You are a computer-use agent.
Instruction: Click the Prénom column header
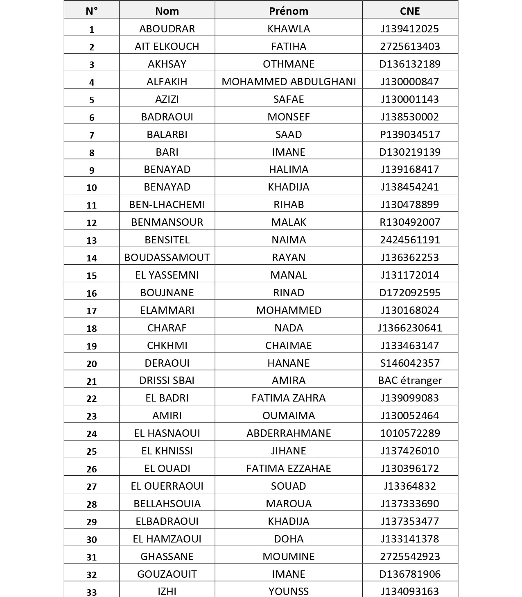pyautogui.click(x=289, y=11)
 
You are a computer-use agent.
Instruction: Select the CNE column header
pyautogui.click(x=410, y=11)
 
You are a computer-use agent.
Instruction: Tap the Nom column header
pyautogui.click(x=167, y=11)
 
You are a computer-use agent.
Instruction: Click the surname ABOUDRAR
pyautogui.click(x=167, y=29)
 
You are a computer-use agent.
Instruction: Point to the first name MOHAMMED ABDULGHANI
pyautogui.click(x=289, y=82)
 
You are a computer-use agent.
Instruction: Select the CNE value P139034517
pyautogui.click(x=410, y=134)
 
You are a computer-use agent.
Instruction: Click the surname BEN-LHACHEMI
pyautogui.click(x=167, y=204)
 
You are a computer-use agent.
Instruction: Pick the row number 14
pyautogui.click(x=92, y=258)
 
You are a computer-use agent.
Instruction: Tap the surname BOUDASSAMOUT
pyautogui.click(x=167, y=257)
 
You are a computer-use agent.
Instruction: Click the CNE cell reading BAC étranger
pyautogui.click(x=410, y=381)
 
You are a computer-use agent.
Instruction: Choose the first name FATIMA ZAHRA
pyautogui.click(x=289, y=398)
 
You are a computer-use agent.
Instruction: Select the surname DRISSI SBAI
pyautogui.click(x=167, y=380)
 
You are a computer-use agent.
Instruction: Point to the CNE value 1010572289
pyautogui.click(x=410, y=433)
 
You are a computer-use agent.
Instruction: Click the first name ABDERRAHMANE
pyautogui.click(x=289, y=433)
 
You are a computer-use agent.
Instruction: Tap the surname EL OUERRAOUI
pyautogui.click(x=167, y=486)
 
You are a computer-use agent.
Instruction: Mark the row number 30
pyautogui.click(x=92, y=540)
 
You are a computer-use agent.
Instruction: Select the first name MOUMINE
pyautogui.click(x=289, y=556)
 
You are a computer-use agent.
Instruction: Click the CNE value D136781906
pyautogui.click(x=410, y=574)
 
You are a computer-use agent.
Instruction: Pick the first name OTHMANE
pyautogui.click(x=289, y=64)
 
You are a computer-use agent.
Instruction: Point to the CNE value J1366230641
pyautogui.click(x=410, y=328)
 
